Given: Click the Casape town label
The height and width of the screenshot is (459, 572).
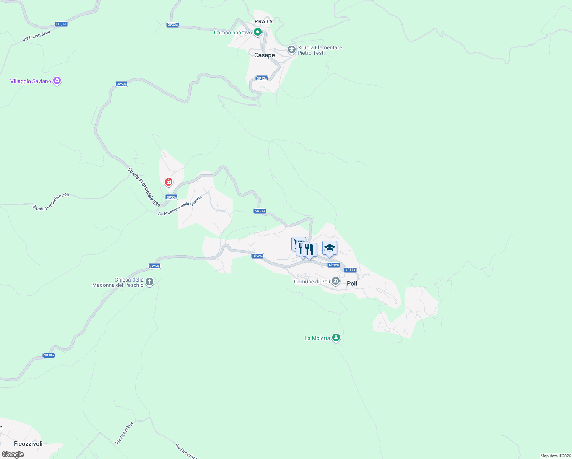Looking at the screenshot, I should click(264, 55).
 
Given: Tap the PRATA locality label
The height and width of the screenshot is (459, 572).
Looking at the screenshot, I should click(264, 21).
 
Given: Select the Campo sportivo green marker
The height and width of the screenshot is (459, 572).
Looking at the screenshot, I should click(258, 32).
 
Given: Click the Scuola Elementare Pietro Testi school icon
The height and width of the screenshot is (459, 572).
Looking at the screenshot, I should click(291, 50).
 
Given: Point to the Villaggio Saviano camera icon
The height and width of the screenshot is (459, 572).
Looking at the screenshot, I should click(57, 81).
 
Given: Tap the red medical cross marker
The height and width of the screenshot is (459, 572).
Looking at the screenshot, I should click(168, 182).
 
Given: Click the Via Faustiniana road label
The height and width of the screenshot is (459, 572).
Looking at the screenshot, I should click(36, 36).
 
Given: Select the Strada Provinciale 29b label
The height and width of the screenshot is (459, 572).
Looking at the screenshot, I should click(51, 202).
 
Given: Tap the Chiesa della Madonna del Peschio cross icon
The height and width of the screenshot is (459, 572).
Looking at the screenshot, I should click(149, 282).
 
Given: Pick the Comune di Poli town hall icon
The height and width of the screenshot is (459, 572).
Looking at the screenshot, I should click(336, 282).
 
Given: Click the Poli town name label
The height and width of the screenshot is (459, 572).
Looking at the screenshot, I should click(352, 283).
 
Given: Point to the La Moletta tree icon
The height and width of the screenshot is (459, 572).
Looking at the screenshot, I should click(336, 337).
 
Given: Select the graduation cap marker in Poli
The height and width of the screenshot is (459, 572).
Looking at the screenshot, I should click(330, 248).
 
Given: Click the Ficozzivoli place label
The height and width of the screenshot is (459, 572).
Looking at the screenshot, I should click(28, 444).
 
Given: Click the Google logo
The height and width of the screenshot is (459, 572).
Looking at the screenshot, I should click(13, 454).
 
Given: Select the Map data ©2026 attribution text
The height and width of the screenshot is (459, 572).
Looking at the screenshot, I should click(555, 456).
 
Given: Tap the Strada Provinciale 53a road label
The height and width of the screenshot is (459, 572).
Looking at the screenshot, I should click(144, 187).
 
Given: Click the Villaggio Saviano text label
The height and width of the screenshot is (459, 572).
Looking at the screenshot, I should click(31, 81).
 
